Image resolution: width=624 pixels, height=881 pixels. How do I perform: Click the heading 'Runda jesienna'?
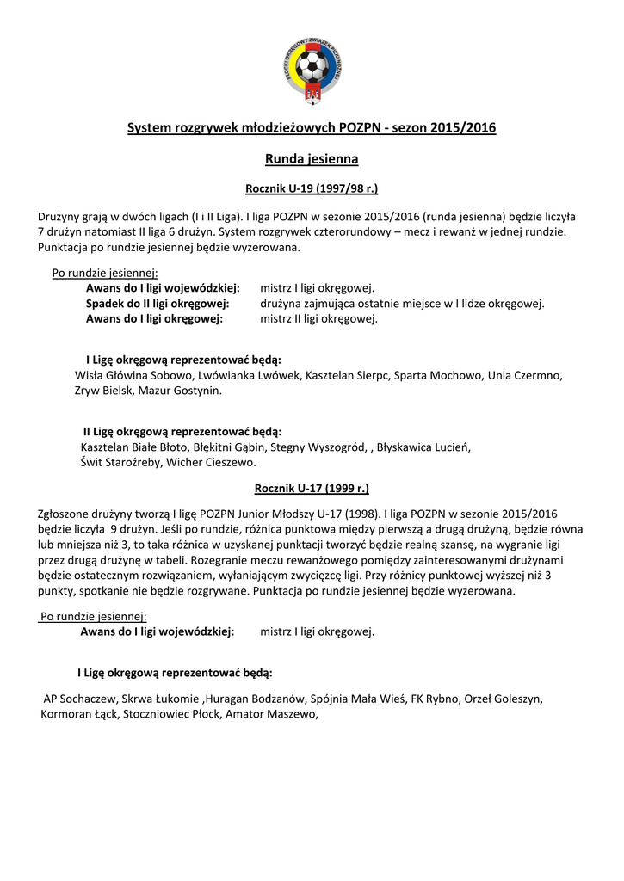coord(312,159)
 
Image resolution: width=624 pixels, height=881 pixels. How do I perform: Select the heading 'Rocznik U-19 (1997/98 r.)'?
coord(312,188)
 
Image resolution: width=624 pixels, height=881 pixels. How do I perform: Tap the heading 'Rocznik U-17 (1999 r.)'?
coord(312,489)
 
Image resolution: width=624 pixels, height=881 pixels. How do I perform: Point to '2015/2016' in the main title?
coord(465,129)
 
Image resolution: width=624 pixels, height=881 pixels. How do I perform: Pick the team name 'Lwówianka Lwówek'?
coord(249,376)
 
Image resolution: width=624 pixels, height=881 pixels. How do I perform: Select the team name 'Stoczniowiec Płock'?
coord(171,714)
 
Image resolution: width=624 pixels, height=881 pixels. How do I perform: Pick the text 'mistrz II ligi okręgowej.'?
coord(318,318)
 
